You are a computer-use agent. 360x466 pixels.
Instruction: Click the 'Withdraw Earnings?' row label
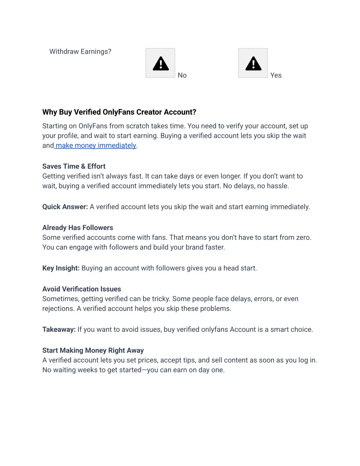[x=80, y=52]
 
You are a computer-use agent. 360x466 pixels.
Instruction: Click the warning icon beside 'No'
[x=161, y=63]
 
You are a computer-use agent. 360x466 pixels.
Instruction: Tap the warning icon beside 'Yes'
[x=253, y=63]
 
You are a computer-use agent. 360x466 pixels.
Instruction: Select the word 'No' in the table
[x=182, y=75]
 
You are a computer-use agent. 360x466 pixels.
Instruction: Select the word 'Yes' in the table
[x=276, y=75]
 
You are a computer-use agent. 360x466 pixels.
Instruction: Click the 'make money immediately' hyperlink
[x=96, y=146]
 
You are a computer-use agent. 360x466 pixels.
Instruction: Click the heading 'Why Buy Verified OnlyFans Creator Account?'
[x=119, y=112]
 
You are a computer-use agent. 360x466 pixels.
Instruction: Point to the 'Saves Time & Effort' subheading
[x=74, y=166]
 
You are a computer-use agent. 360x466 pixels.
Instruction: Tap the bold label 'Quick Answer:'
[x=65, y=207]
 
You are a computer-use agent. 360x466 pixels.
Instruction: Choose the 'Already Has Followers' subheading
[x=78, y=228]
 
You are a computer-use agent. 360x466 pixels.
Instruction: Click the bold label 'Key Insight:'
[x=61, y=268]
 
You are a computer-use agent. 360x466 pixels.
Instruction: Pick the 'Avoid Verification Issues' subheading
[x=82, y=289]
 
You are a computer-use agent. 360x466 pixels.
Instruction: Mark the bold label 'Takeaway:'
[x=59, y=330]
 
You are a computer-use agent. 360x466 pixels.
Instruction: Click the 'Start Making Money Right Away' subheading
[x=93, y=351]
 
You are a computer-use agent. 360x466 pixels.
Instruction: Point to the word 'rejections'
[x=58, y=309]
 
